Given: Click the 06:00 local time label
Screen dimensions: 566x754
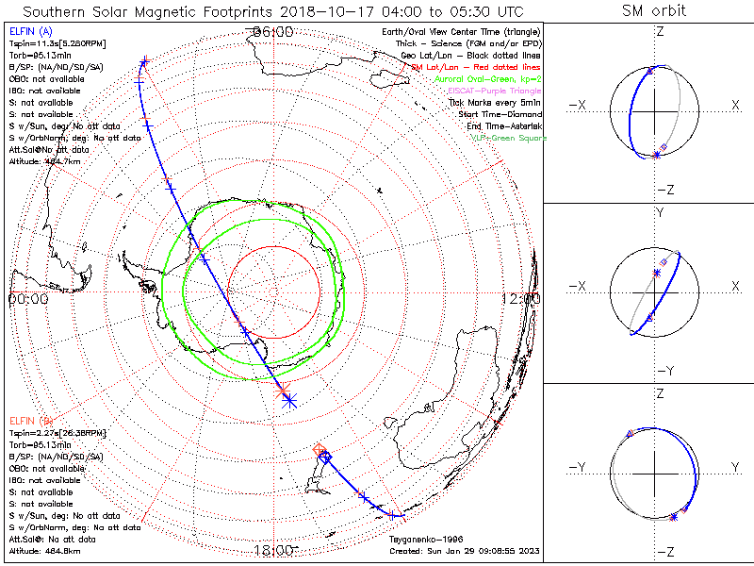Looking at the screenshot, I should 273,32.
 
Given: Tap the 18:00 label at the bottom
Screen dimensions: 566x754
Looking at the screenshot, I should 273,550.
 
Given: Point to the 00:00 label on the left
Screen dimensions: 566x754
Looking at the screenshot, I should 27,298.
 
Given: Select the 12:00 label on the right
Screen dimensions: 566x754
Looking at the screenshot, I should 521,298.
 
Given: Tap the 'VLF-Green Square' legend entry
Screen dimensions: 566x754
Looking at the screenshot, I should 508,138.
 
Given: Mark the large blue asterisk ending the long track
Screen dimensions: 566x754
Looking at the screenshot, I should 288,401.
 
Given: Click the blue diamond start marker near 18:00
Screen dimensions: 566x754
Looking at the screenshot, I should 325,458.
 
